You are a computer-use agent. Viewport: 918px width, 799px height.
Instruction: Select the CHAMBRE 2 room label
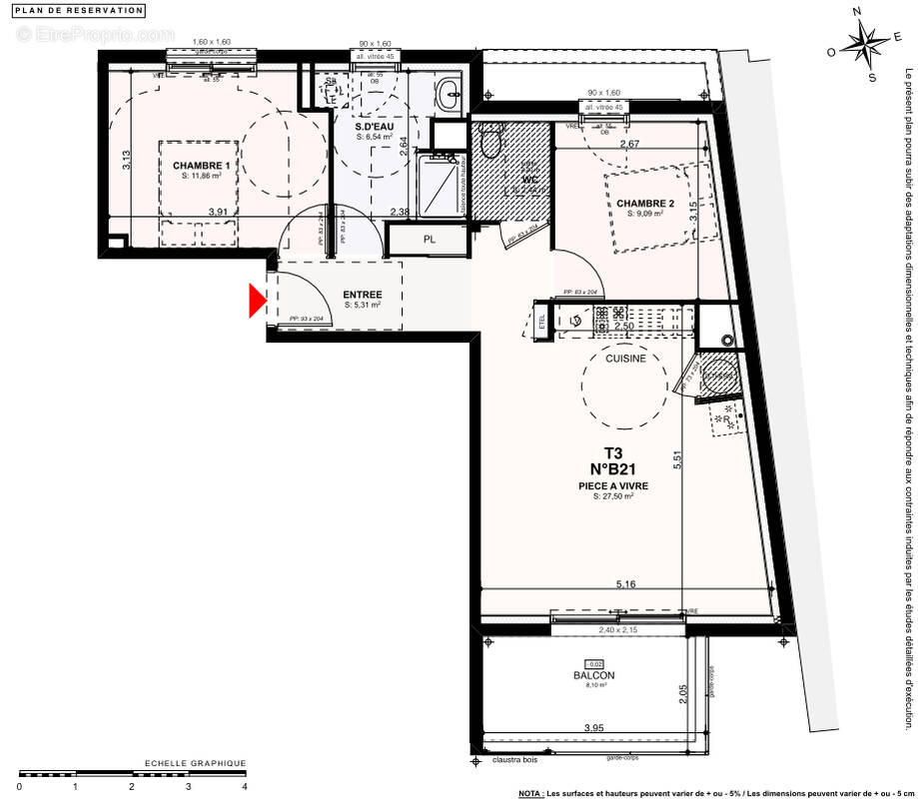point(645,204)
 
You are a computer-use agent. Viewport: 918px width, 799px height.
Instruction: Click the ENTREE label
point(363,295)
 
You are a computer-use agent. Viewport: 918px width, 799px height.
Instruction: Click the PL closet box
point(429,240)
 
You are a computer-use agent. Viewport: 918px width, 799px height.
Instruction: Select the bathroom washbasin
point(448,96)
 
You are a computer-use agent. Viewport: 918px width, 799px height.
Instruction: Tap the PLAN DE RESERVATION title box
point(80,11)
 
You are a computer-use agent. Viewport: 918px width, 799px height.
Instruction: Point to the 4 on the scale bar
point(245,786)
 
